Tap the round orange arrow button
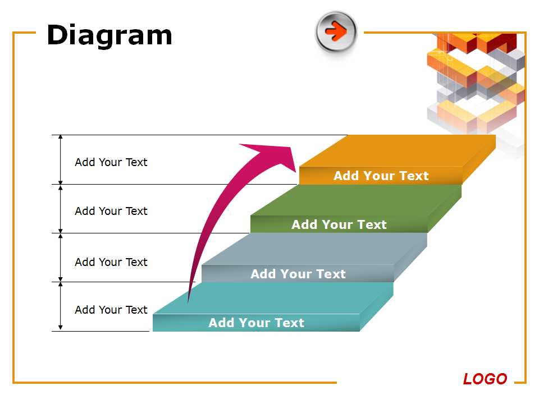(x=336, y=31)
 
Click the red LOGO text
(x=485, y=379)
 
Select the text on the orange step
(x=381, y=176)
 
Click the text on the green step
(x=339, y=224)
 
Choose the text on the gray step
(x=298, y=274)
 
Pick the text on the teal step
(x=256, y=323)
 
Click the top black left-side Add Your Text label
(x=111, y=162)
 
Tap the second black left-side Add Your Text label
(x=111, y=211)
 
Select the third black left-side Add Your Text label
(x=111, y=262)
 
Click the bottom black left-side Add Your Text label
(x=111, y=310)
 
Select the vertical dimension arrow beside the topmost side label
(x=61, y=159)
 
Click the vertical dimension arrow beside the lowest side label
(x=61, y=306)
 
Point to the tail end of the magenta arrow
(x=188, y=304)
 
